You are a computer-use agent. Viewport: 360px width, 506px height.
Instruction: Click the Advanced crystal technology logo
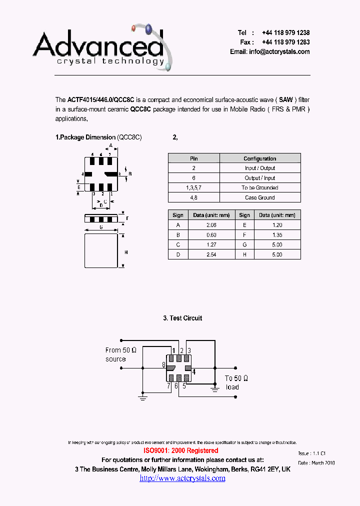102,47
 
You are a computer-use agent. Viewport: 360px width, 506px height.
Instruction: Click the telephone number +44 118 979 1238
285,32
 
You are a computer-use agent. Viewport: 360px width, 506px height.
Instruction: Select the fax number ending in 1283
285,42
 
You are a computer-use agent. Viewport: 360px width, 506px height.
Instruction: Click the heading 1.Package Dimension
85,137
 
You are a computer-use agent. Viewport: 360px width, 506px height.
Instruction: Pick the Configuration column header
259,158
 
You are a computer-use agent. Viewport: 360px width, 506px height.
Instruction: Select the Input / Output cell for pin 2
259,168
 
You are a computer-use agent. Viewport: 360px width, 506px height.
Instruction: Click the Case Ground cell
259,197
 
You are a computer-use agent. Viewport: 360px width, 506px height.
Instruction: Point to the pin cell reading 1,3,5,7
193,188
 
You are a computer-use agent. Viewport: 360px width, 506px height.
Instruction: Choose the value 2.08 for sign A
210,225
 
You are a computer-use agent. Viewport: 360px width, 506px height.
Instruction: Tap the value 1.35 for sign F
277,235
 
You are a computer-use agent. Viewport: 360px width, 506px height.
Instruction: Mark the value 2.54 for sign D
210,254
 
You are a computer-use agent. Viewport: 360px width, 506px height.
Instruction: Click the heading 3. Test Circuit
182,318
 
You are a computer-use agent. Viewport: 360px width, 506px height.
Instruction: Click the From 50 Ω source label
121,354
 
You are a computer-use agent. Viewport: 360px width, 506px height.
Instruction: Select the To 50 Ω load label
236,382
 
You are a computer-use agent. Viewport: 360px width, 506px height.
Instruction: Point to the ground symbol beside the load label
215,385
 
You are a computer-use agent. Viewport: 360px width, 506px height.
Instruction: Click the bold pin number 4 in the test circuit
194,371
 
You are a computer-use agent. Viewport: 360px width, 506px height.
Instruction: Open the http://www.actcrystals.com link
182,478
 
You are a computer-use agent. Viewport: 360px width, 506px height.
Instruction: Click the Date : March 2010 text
316,463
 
